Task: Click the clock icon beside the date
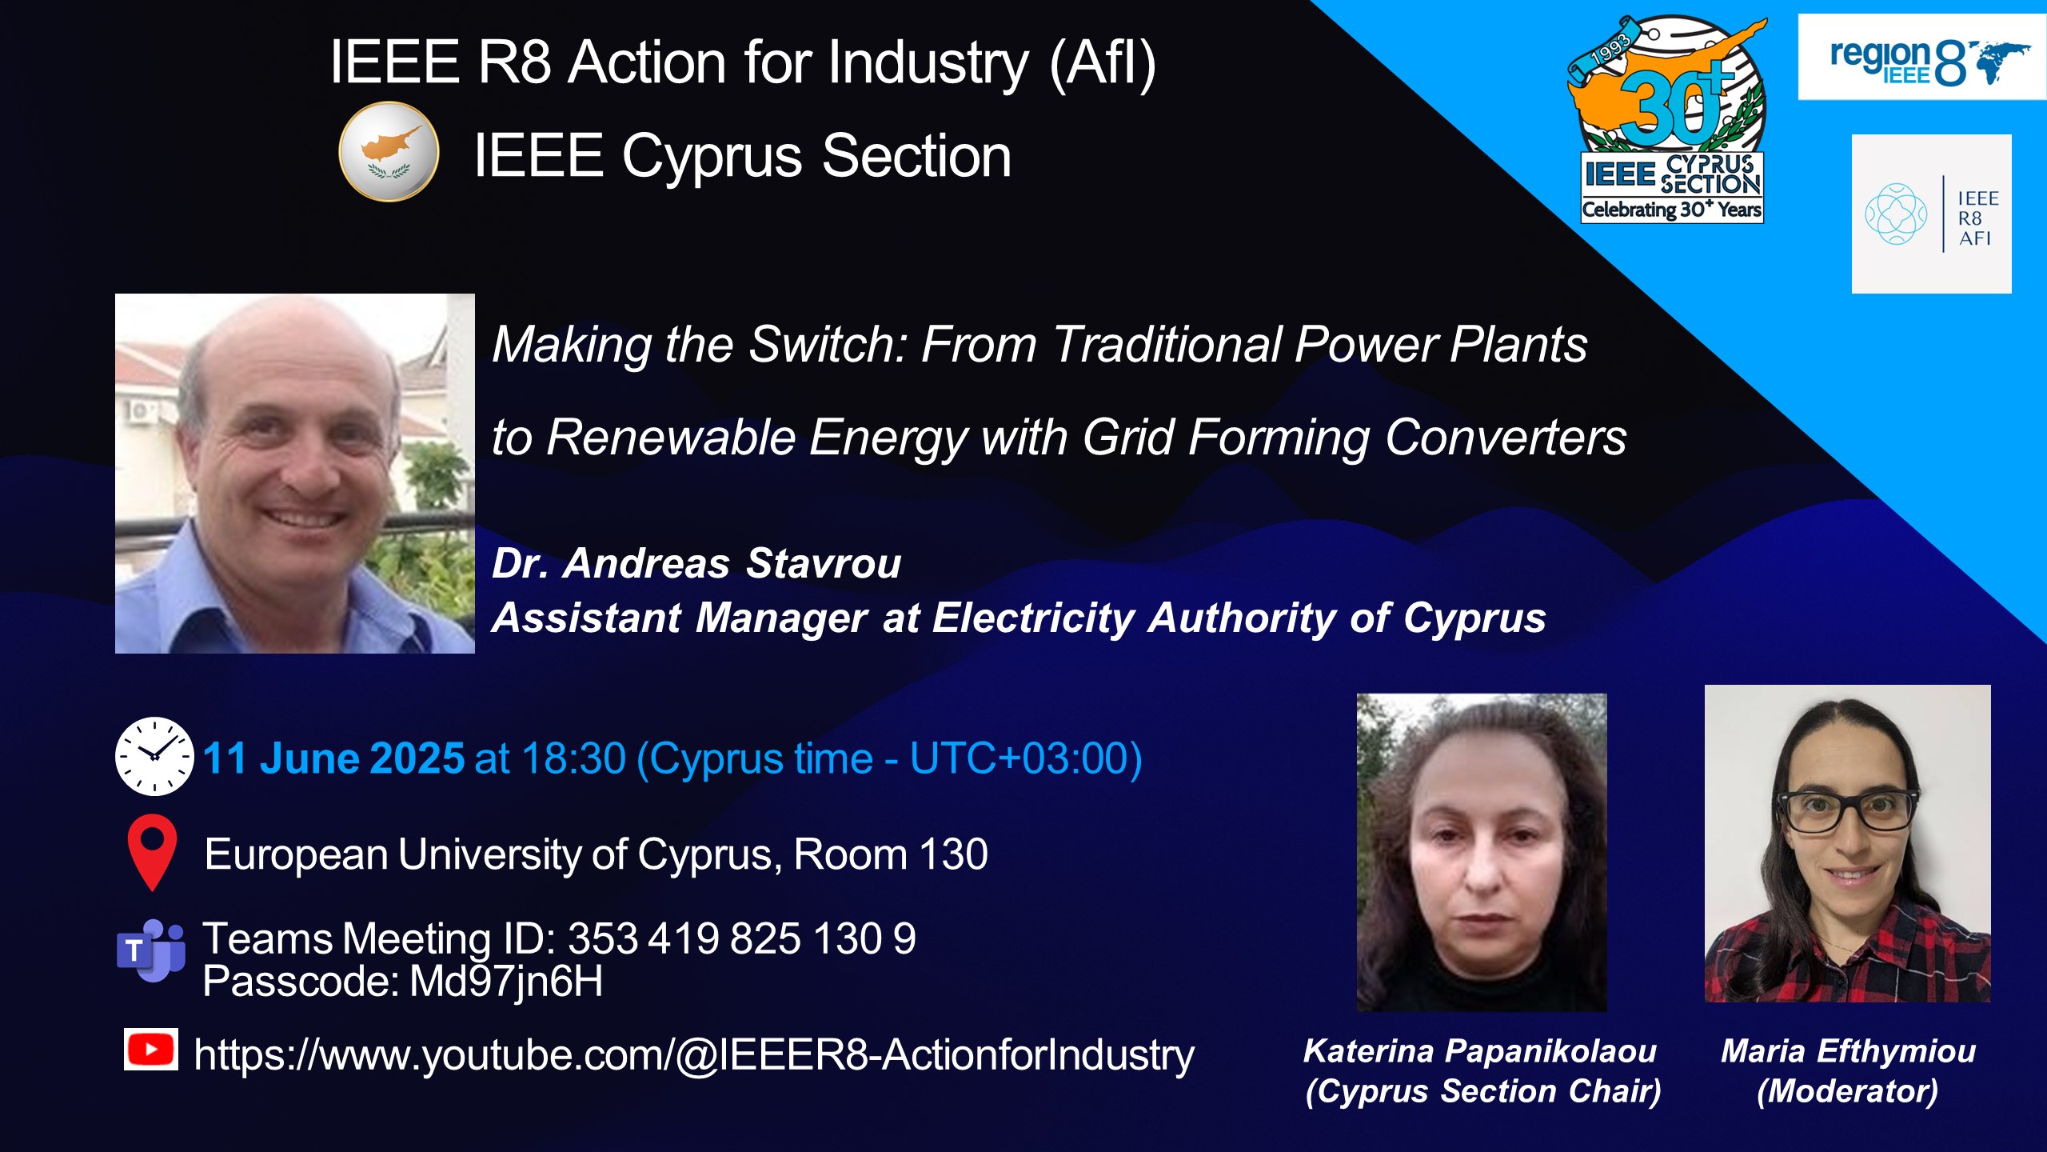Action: [x=154, y=756]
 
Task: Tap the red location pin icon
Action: [x=152, y=852]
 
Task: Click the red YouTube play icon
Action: [x=151, y=1049]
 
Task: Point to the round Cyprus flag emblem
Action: [x=389, y=151]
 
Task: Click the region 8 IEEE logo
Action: [x=1921, y=58]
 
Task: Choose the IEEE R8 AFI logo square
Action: [x=1931, y=214]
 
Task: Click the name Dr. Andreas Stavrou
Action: [x=696, y=563]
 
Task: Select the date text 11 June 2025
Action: [x=333, y=758]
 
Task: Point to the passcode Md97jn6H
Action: [x=506, y=982]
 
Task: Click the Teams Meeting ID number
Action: [x=742, y=938]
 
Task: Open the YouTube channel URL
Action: [x=694, y=1055]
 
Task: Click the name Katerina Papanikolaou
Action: [x=1480, y=1051]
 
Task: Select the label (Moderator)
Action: [x=1848, y=1091]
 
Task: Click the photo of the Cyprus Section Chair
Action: [x=1482, y=852]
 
